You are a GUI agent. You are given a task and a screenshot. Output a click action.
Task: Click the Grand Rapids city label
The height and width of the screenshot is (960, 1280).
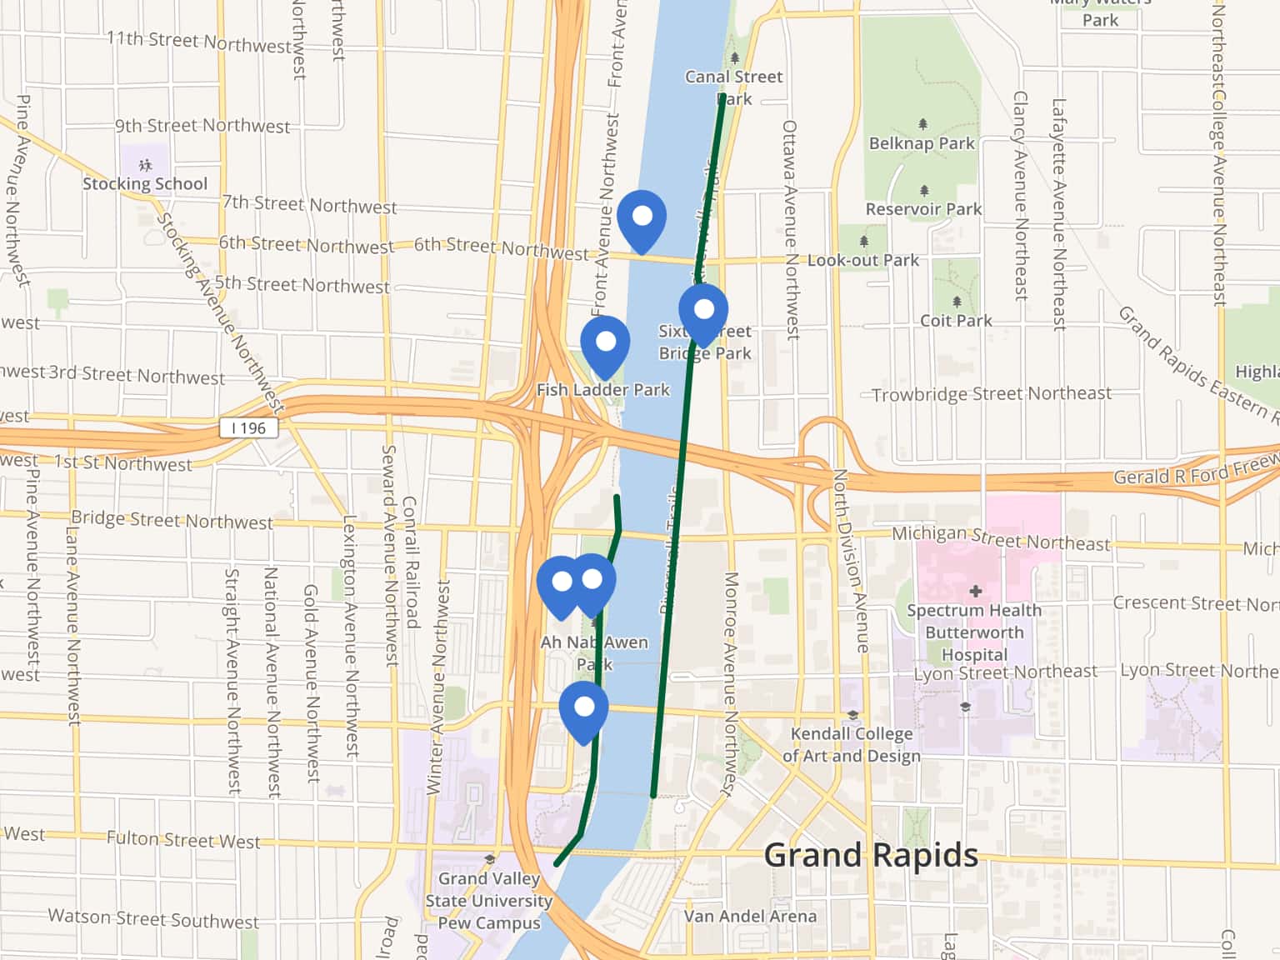(x=871, y=856)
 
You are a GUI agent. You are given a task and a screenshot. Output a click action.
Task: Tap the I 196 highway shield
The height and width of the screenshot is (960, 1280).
(x=248, y=428)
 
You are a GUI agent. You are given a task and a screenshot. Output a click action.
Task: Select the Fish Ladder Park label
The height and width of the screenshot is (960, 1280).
(x=602, y=390)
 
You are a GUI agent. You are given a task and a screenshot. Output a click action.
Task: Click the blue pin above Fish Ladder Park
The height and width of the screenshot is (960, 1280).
(x=605, y=342)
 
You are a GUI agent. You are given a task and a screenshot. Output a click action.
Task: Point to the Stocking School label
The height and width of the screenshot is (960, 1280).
(x=145, y=183)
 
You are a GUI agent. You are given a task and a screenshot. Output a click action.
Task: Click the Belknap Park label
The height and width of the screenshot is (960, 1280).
(x=922, y=143)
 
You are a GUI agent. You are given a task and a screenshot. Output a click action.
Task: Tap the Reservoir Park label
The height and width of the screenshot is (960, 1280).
(x=923, y=209)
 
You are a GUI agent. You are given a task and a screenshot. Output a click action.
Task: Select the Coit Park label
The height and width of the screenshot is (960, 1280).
(x=956, y=321)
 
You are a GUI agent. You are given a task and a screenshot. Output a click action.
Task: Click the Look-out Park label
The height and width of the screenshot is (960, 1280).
(x=862, y=260)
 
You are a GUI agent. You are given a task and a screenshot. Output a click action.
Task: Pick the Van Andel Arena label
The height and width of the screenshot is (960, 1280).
(x=750, y=916)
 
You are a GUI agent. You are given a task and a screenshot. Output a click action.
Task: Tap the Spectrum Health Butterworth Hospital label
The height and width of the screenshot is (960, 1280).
(x=974, y=632)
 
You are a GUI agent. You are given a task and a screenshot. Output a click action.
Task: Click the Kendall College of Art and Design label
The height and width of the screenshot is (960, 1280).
(x=852, y=744)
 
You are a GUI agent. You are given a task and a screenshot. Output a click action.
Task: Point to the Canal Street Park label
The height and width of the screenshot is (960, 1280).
(x=733, y=87)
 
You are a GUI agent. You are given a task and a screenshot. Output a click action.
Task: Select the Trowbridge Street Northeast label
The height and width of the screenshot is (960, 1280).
(x=992, y=394)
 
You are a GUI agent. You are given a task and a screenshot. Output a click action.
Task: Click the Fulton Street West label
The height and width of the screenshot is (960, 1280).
(x=183, y=840)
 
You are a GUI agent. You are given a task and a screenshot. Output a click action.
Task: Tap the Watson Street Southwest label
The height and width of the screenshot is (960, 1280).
(x=153, y=919)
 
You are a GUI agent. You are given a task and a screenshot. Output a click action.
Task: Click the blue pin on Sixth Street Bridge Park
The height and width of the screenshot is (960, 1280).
(x=703, y=311)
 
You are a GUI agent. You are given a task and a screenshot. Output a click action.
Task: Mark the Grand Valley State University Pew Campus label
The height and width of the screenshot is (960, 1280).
(x=489, y=901)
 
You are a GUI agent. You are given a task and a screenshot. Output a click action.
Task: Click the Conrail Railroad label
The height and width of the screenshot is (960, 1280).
(x=410, y=562)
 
